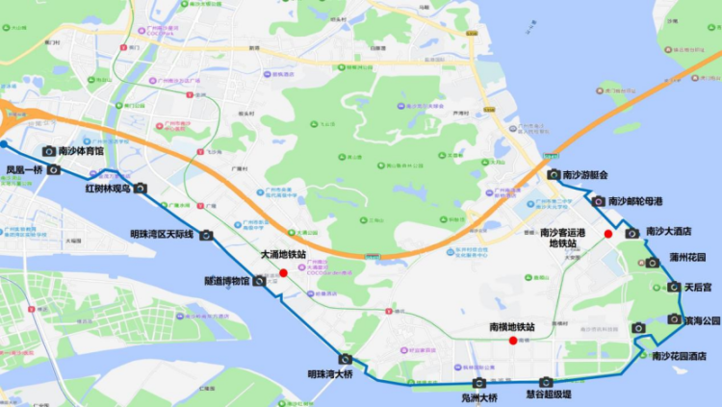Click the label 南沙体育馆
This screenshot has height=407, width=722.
pos(81,151)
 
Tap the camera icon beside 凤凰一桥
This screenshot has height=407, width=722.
pos(54,170)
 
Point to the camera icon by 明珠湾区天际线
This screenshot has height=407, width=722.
pos(205,235)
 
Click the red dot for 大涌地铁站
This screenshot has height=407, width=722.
pos(284,273)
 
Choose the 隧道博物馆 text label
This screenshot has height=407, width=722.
pos(227,281)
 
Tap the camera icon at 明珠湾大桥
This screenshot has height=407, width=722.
pos(345,359)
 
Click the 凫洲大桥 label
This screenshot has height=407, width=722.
pos(478,397)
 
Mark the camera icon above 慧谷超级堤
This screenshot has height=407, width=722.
pos(546,382)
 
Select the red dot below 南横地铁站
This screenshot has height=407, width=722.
pos(512,341)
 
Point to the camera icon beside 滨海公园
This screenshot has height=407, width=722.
pos(674,319)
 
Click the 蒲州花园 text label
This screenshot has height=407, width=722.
pos(687,259)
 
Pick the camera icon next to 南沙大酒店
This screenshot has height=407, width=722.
pos(632,233)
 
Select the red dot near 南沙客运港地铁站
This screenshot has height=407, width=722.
pos(607,234)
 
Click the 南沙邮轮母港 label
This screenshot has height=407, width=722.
pos(634,202)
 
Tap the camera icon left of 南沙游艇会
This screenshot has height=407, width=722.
pos(554,174)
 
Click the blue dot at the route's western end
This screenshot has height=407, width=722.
pos(4,144)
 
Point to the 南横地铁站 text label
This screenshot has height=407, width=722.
pos(511,327)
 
